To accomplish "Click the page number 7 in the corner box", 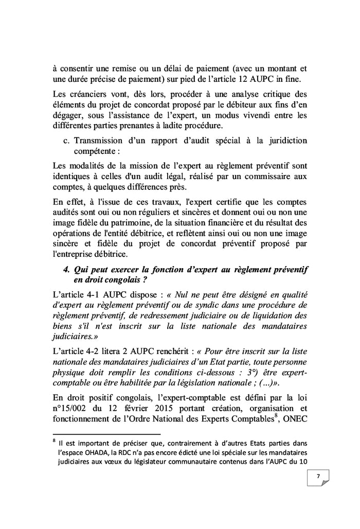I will [x=318, y=477].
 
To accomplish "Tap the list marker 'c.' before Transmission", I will [x=66, y=140].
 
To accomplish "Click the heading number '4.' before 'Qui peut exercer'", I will [x=66, y=269].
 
